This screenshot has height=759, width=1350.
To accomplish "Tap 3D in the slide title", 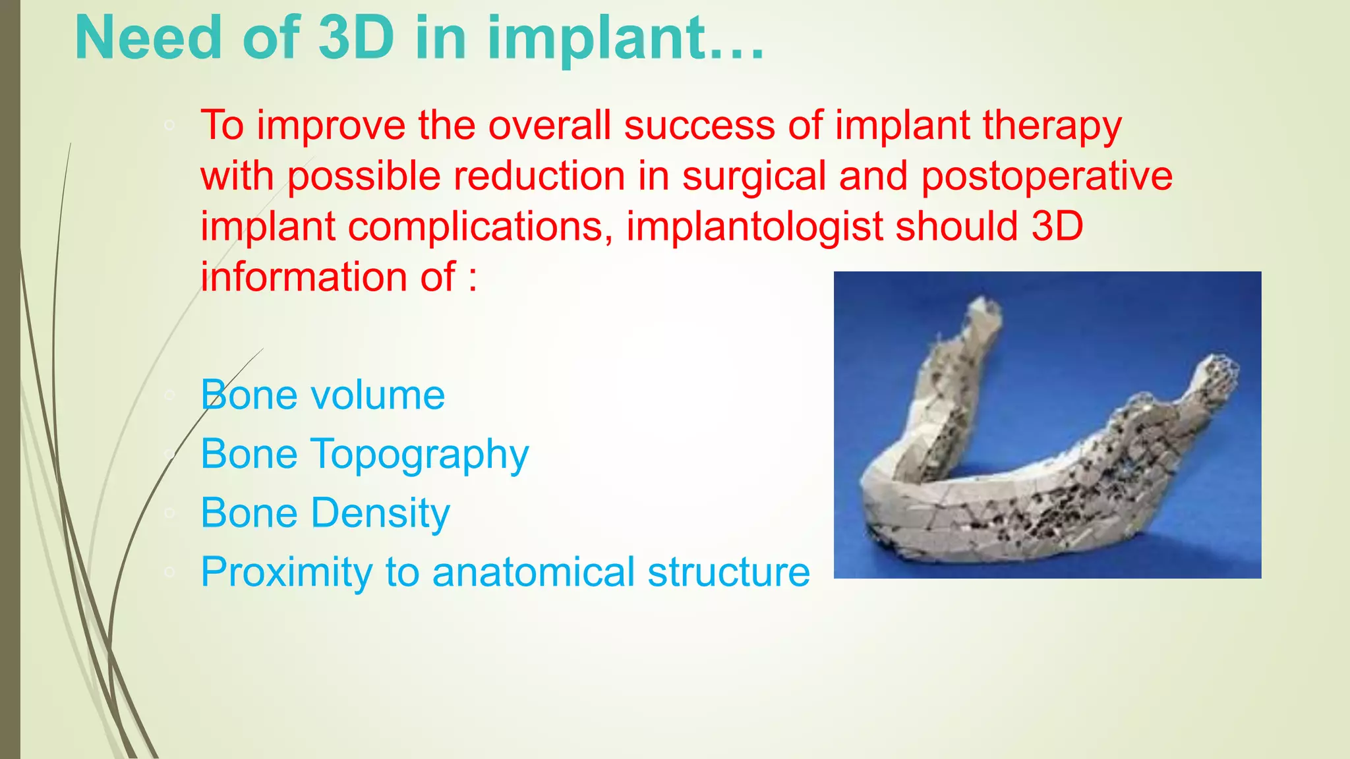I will pyautogui.click(x=356, y=38).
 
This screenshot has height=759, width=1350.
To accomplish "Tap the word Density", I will pyautogui.click(x=380, y=513).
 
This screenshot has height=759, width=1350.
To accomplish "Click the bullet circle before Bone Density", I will pyautogui.click(x=169, y=513).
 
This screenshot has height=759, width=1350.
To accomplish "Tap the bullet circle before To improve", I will pyautogui.click(x=169, y=125).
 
